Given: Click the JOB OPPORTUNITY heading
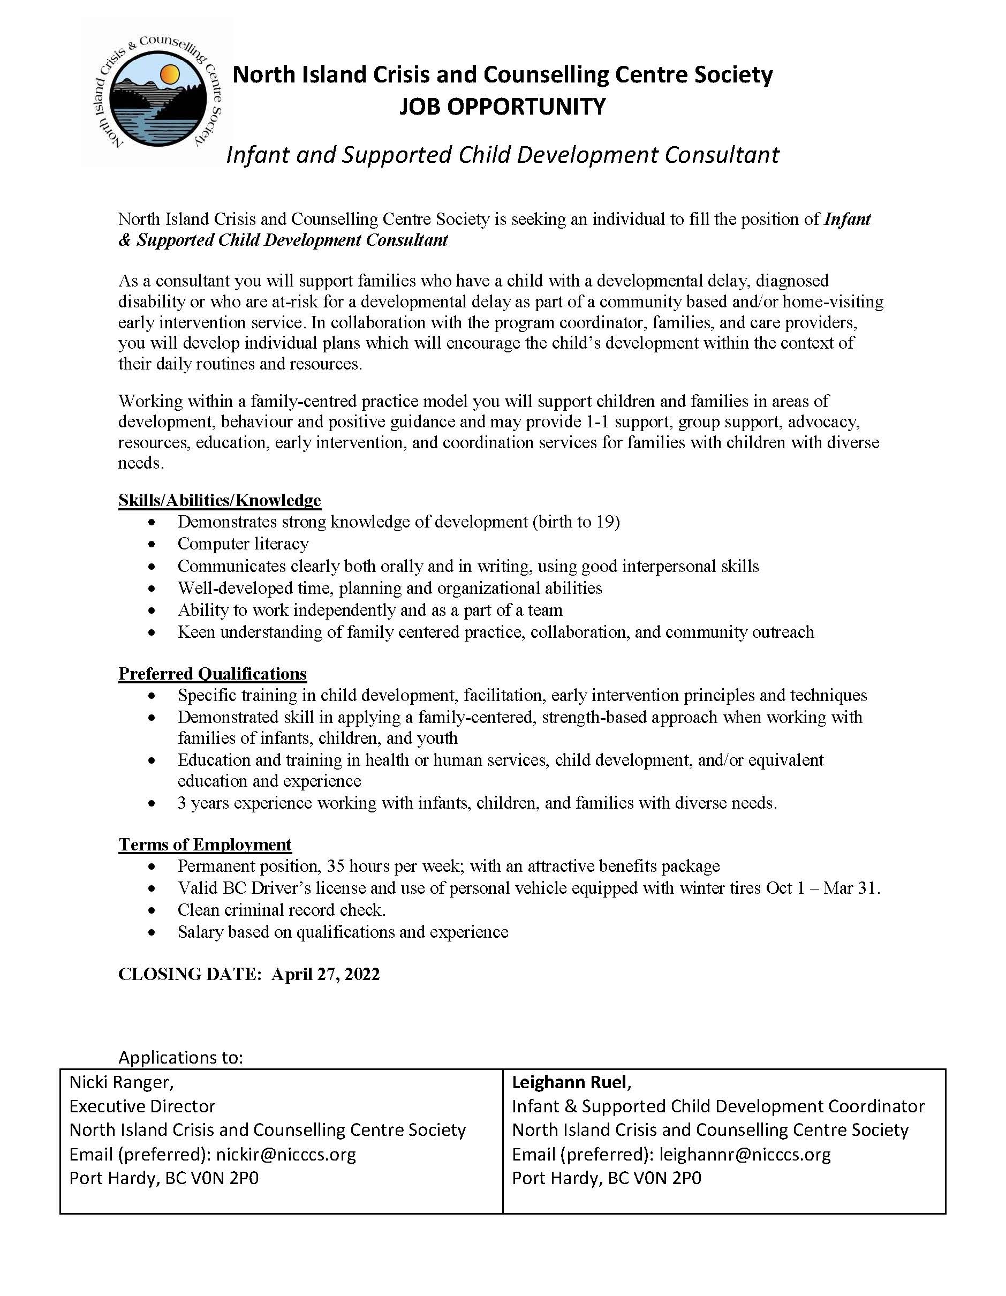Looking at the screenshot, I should click(502, 107).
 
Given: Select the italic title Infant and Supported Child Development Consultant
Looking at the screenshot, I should click(502, 155).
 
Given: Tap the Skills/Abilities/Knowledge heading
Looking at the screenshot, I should click(220, 500).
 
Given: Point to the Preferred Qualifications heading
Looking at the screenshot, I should click(213, 674).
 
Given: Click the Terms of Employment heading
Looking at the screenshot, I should click(205, 845).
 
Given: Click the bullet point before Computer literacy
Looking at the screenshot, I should click(154, 544).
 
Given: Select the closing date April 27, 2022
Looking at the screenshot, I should click(326, 974).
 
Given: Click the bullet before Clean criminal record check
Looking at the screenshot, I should click(154, 910).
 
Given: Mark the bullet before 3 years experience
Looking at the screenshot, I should click(154, 803).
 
